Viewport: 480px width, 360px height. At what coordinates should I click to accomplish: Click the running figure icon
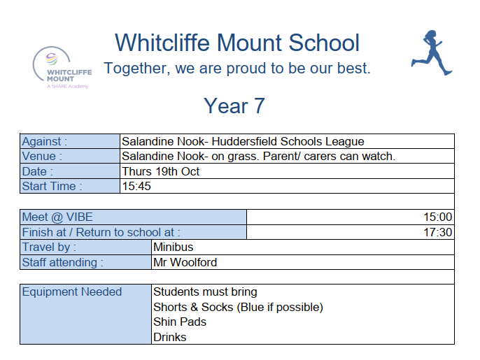[432, 53]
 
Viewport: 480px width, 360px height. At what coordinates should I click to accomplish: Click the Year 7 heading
[234, 106]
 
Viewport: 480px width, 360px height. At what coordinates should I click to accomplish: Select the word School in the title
[325, 43]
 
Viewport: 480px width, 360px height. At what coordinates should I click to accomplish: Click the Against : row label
[45, 141]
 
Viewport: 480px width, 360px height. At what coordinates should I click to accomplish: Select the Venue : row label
[42, 157]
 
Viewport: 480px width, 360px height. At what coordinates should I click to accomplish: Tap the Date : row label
[38, 171]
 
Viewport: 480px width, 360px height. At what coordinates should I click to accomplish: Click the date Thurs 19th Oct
[160, 171]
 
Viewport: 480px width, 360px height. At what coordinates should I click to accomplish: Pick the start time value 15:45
[136, 187]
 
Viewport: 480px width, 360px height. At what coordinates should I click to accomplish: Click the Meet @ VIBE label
[57, 217]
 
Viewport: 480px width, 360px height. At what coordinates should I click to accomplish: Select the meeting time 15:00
[438, 217]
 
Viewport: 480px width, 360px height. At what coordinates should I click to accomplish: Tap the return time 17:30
[438, 232]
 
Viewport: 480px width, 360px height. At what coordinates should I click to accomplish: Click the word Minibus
[173, 247]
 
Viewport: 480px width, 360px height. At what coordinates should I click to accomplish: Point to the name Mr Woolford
[185, 263]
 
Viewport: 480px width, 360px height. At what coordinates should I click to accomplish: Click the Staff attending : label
[63, 263]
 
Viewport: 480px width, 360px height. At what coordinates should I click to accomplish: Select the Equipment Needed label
[72, 292]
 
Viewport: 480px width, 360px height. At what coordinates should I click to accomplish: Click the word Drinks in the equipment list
[170, 338]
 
